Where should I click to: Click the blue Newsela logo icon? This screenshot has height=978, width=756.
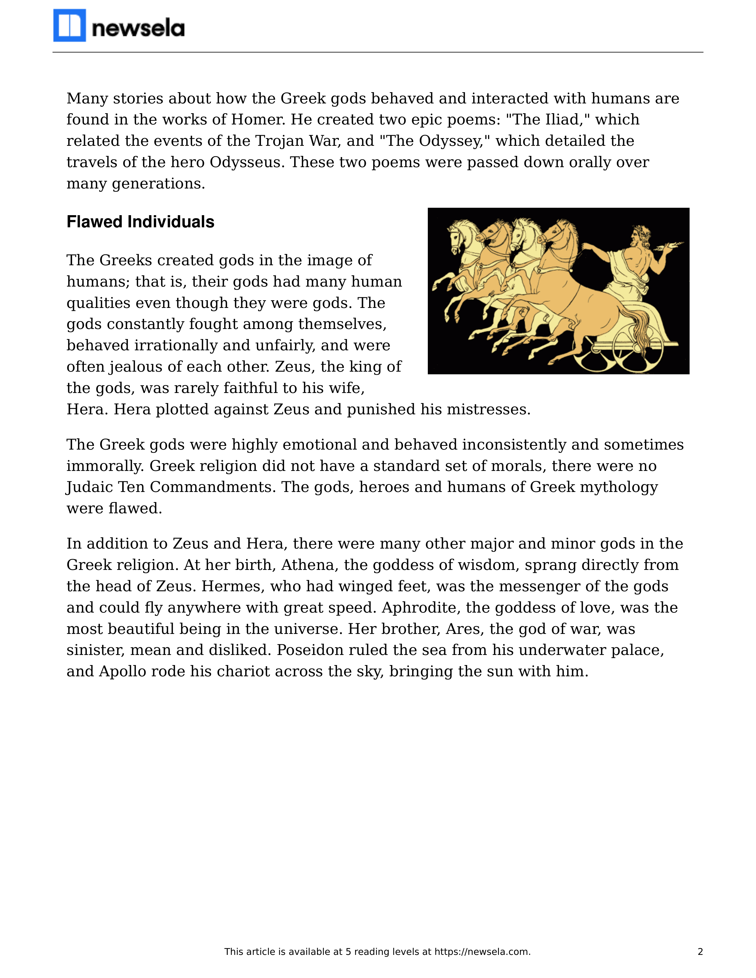point(69,25)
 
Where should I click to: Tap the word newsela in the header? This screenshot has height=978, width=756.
point(138,29)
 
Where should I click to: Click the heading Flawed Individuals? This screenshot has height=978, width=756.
point(140,222)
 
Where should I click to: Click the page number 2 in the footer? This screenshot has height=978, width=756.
point(700,952)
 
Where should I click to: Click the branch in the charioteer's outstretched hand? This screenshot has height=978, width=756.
point(672,245)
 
